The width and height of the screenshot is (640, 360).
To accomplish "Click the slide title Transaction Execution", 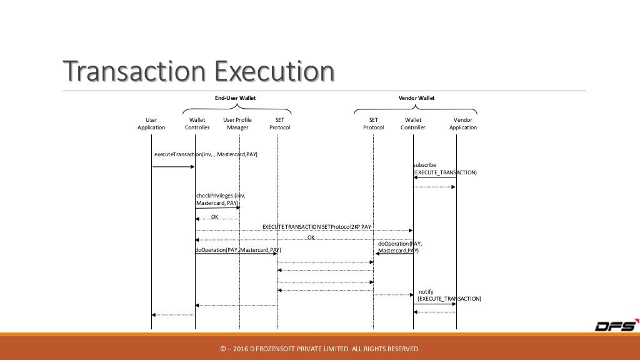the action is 197,71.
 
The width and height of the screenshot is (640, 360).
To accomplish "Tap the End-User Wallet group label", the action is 236,98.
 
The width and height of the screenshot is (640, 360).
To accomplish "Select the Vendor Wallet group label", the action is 416,98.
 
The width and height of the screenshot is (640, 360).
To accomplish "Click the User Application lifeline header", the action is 151,123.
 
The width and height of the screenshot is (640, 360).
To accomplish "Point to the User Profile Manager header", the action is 237,123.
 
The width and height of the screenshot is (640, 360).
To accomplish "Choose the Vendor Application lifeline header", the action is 462,123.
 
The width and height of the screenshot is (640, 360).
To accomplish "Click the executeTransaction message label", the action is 206,154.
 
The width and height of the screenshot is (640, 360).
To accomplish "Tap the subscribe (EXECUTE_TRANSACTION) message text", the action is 444,169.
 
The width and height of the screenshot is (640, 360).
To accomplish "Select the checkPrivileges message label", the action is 218,199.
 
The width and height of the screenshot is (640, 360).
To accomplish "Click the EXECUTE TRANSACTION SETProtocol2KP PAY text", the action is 317,226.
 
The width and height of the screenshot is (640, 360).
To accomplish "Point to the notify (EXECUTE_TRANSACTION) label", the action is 449,295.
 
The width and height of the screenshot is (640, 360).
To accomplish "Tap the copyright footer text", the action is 319,348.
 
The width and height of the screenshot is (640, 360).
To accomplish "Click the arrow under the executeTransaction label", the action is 174,167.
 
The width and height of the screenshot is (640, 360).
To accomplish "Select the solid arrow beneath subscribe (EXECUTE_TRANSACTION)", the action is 434,178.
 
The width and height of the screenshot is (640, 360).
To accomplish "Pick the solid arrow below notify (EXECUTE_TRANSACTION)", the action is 434,304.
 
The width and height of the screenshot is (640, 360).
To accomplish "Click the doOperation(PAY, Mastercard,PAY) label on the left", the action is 237,249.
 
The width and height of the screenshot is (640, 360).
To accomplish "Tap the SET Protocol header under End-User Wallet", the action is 279,123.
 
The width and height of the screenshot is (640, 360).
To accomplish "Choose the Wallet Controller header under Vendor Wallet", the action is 413,123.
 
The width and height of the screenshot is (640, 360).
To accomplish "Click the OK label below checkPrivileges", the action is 215,217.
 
